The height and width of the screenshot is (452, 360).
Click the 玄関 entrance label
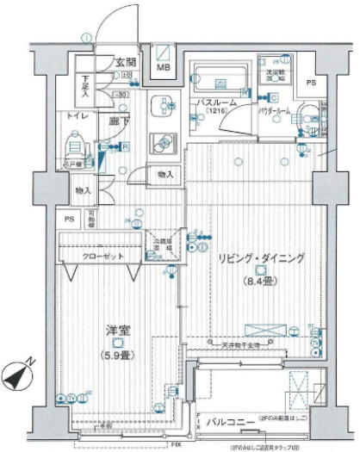(126, 62)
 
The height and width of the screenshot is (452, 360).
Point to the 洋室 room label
(117, 331)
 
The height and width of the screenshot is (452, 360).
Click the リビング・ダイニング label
(261, 257)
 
